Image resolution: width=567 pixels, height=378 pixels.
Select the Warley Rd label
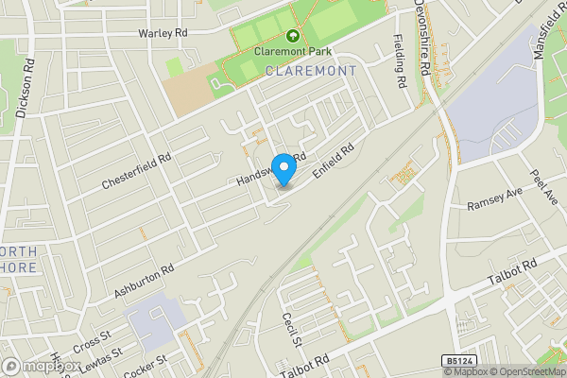point(163,33)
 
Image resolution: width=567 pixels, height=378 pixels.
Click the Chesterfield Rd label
point(139,172)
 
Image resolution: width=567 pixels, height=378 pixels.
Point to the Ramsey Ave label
point(494,204)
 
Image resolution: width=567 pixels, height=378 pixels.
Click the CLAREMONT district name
point(311,71)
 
